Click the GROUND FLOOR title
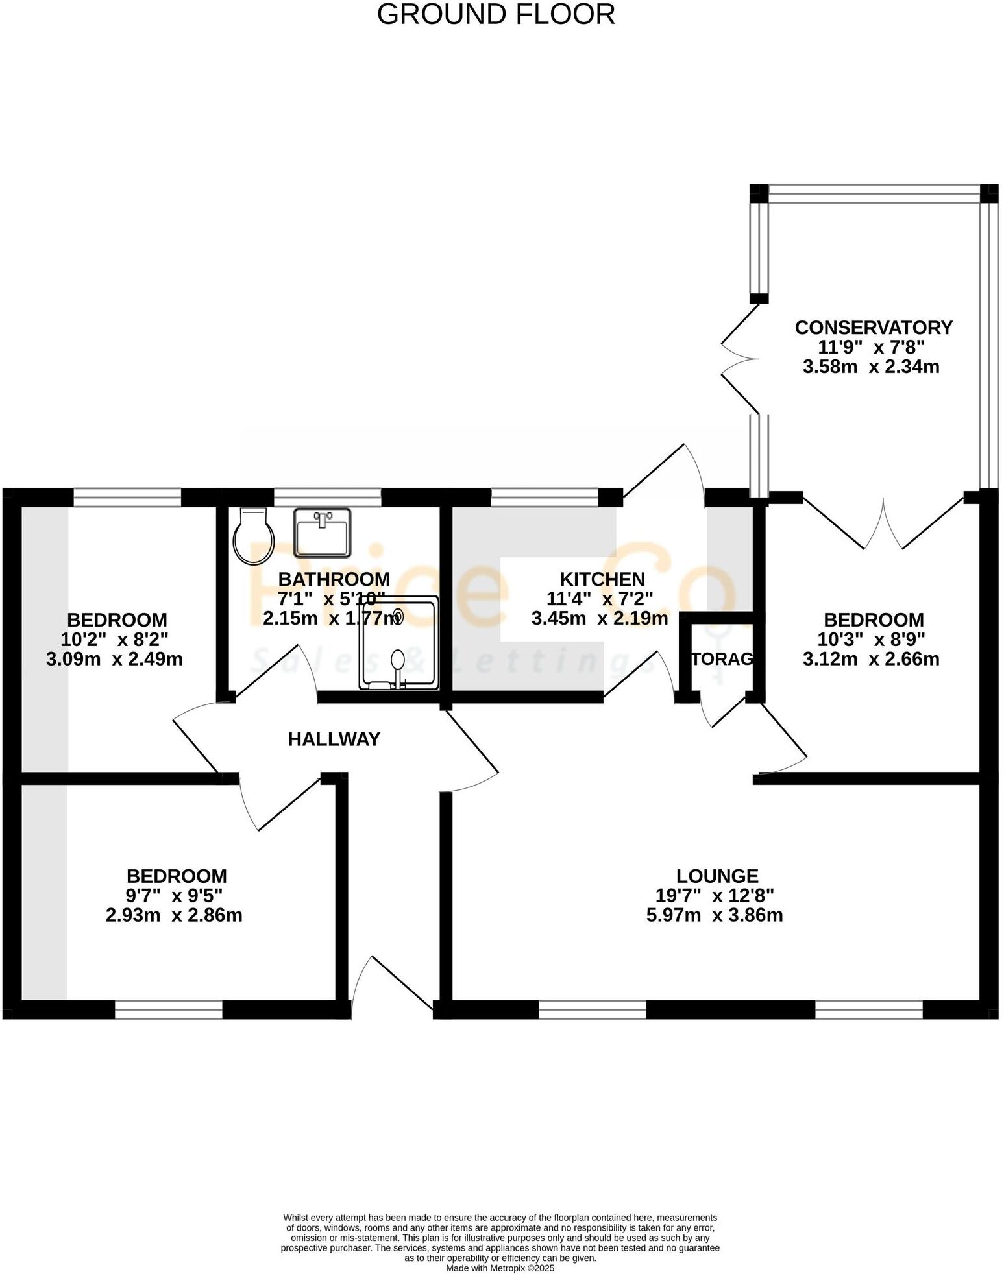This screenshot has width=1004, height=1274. point(496,15)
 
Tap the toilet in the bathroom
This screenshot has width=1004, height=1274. point(253,536)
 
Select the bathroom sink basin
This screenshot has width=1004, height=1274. point(322,533)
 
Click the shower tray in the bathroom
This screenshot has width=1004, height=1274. point(398,642)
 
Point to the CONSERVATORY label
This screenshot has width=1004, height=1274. point(873,328)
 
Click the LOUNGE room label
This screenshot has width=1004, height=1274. point(716,876)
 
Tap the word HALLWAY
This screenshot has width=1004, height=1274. point(334,739)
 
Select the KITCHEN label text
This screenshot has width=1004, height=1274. point(602,579)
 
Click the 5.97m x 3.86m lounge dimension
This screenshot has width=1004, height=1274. point(714,915)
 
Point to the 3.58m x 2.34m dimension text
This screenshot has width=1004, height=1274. point(870,367)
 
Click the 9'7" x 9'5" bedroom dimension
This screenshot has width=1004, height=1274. point(175,896)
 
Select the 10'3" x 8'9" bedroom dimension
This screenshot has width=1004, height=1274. point(871,640)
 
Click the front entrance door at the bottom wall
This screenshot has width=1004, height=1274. point(391,987)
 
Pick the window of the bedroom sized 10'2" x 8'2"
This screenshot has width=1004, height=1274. point(127,498)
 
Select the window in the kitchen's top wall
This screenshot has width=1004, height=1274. point(545,498)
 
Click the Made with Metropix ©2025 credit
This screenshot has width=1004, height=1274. point(500,1268)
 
